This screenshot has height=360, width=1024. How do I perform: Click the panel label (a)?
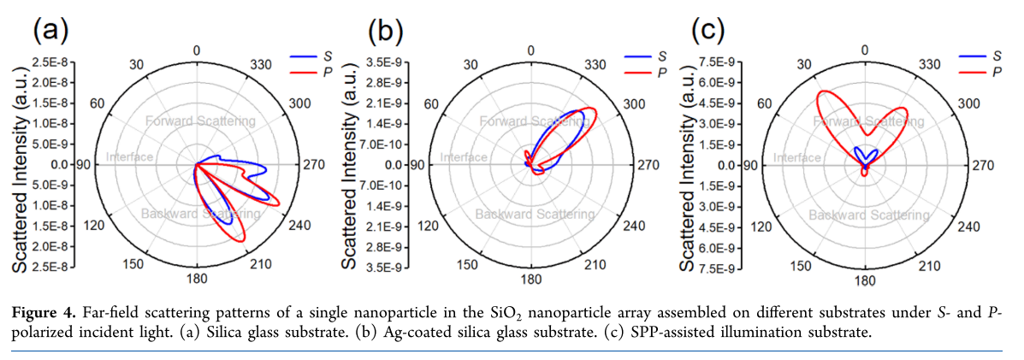coord(50,32)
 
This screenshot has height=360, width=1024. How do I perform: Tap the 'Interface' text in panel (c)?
coord(797,158)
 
